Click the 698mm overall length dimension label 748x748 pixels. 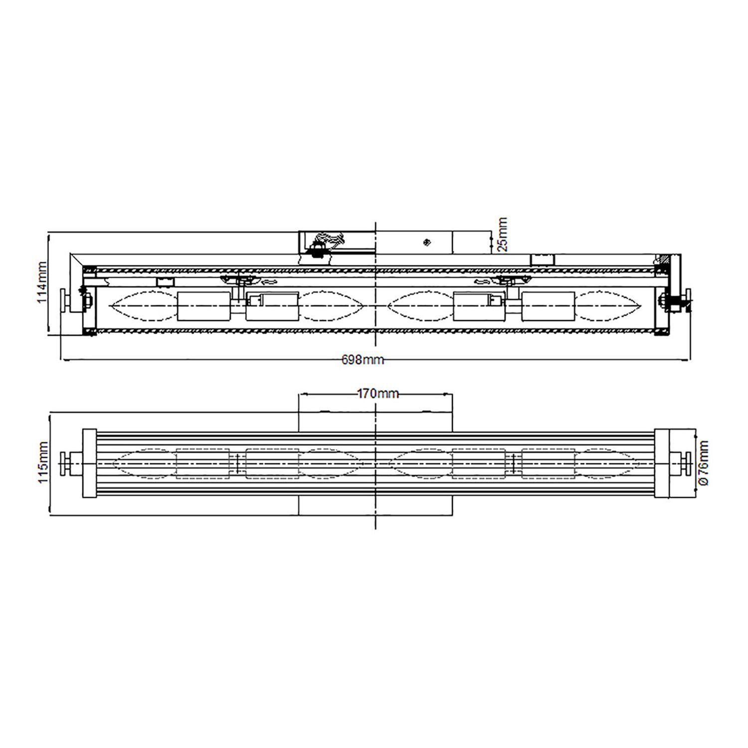[363, 360]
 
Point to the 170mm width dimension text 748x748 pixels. [378, 394]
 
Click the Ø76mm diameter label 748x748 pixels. [703, 462]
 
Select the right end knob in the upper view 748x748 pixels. [688, 300]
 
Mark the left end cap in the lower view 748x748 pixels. [89, 463]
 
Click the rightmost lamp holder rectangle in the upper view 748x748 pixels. [548, 306]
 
